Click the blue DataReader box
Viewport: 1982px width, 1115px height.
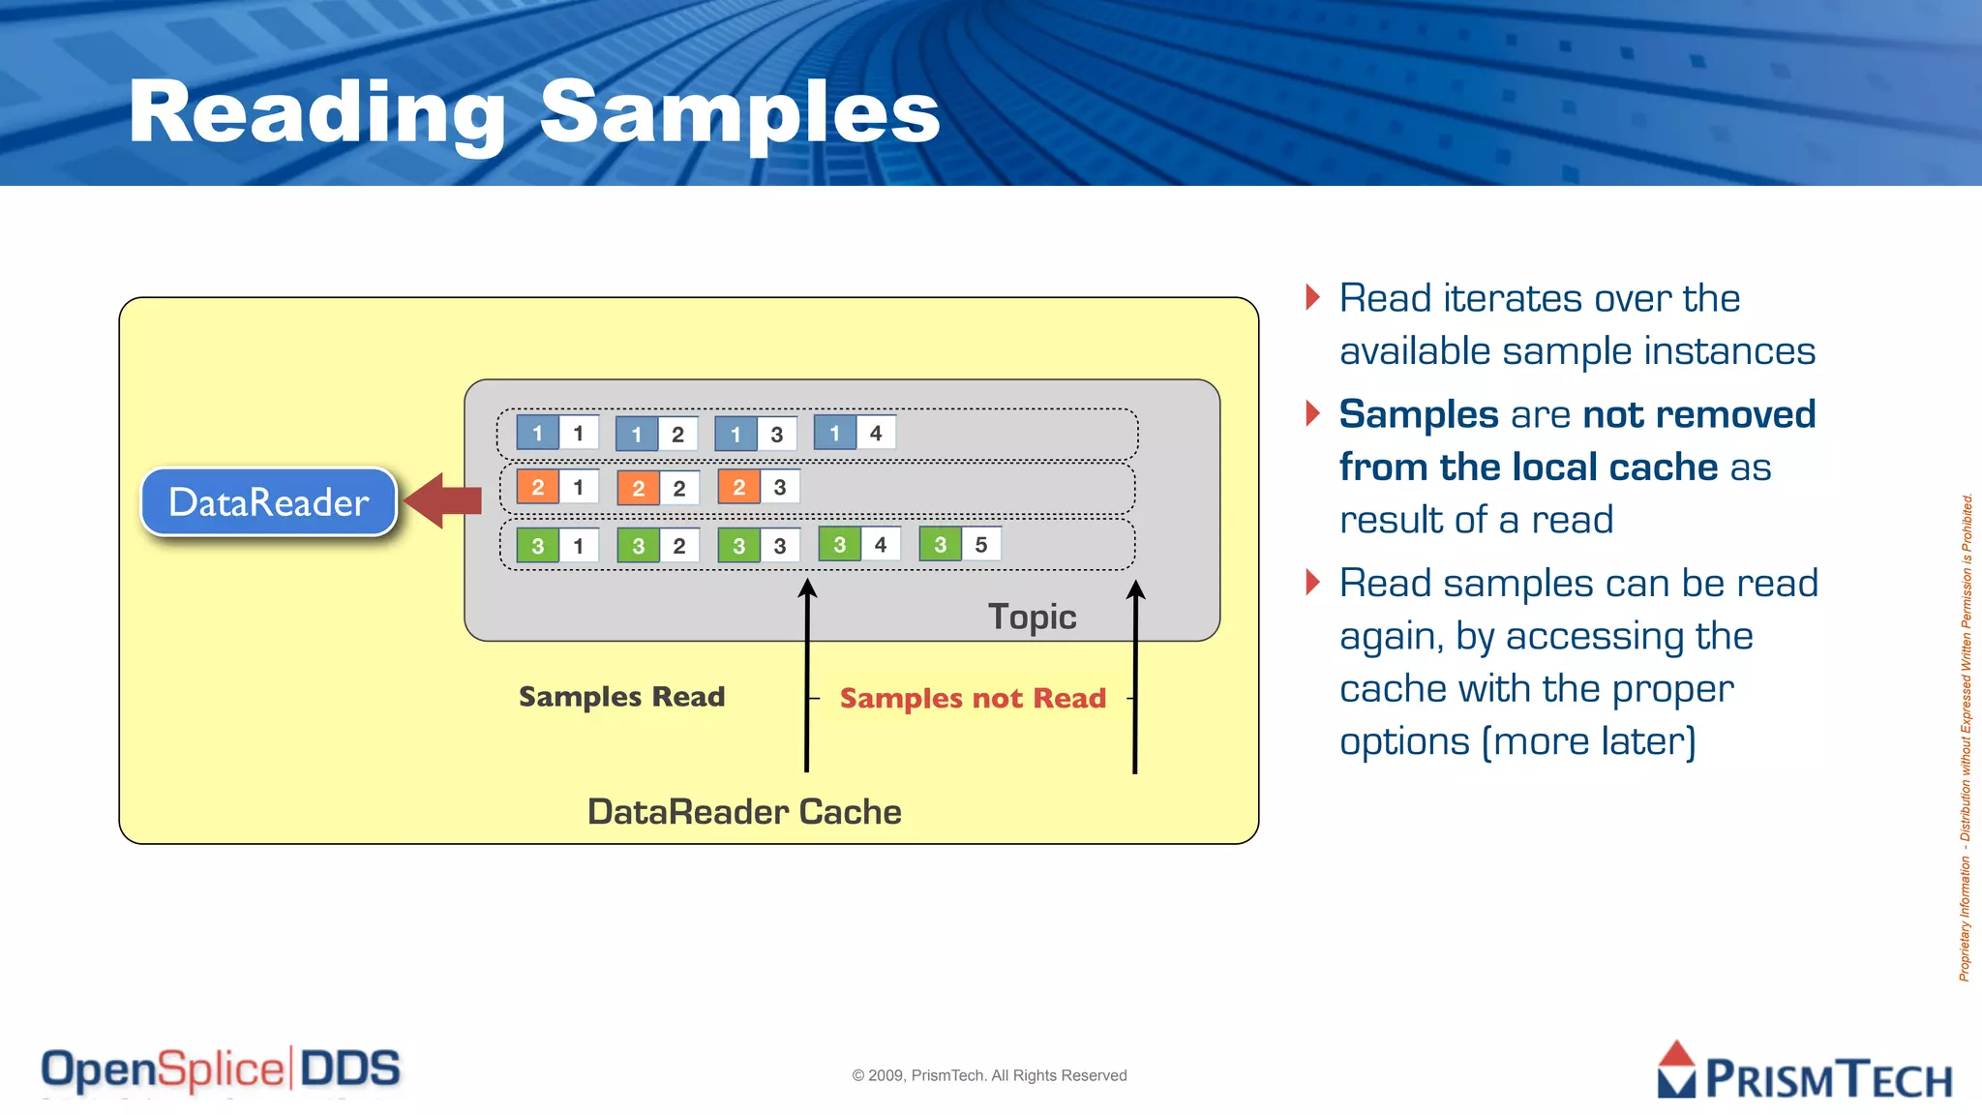pyautogui.click(x=269, y=501)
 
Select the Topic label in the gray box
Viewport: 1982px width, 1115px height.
pyautogui.click(x=1032, y=617)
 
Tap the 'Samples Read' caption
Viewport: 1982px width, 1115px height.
pyautogui.click(x=621, y=696)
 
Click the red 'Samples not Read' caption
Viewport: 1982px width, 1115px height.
pyautogui.click(x=973, y=698)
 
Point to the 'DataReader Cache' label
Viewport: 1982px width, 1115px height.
pyautogui.click(x=744, y=811)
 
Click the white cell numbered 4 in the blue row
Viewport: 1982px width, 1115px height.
pyautogui.click(x=876, y=433)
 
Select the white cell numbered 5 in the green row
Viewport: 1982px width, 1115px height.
pyautogui.click(x=981, y=544)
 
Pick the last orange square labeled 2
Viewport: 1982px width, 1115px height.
pyautogui.click(x=738, y=487)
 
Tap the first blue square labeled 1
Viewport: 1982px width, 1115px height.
pyautogui.click(x=537, y=433)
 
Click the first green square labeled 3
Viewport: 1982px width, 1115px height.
pyautogui.click(x=537, y=545)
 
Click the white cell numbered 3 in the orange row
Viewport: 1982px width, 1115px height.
pyautogui.click(x=780, y=487)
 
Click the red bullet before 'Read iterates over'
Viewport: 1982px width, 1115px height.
pyautogui.click(x=1312, y=296)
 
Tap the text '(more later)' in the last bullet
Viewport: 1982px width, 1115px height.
pyautogui.click(x=1589, y=741)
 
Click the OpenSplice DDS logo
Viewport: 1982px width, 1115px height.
pyautogui.click(x=221, y=1070)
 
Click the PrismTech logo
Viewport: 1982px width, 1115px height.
pyautogui.click(x=1804, y=1071)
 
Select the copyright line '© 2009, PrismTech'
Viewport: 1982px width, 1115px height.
pyautogui.click(x=989, y=1075)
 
